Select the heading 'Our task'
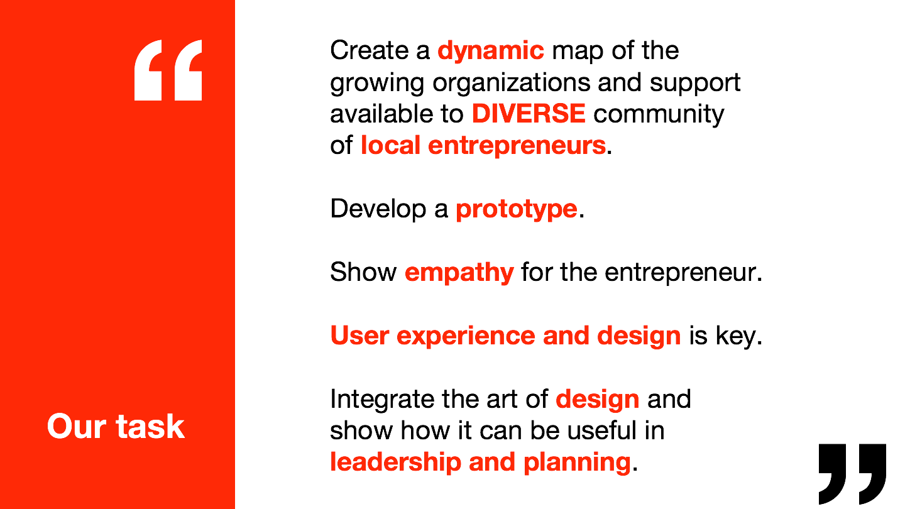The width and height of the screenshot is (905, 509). coord(116,426)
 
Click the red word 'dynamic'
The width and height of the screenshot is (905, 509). coord(491,52)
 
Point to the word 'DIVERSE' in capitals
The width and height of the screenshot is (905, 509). coord(529,114)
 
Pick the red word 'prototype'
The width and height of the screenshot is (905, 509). coord(517,210)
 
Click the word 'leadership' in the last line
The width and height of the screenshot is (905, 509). coord(395,462)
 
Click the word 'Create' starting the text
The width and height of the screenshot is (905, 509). coord(370,50)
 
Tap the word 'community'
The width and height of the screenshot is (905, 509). coord(659,114)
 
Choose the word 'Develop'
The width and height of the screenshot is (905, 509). coord(378,210)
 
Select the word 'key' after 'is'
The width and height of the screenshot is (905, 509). coord(735,337)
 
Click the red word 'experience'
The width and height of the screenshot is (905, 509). coord(466,337)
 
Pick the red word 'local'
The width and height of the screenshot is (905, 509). coord(390,145)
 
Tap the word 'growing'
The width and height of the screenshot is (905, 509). coord(377,84)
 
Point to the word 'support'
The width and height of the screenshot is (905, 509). coord(695,84)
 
